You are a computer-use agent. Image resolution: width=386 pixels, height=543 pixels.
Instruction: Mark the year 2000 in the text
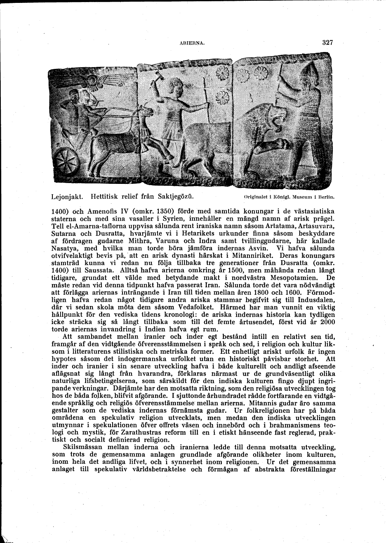click(326, 322)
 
